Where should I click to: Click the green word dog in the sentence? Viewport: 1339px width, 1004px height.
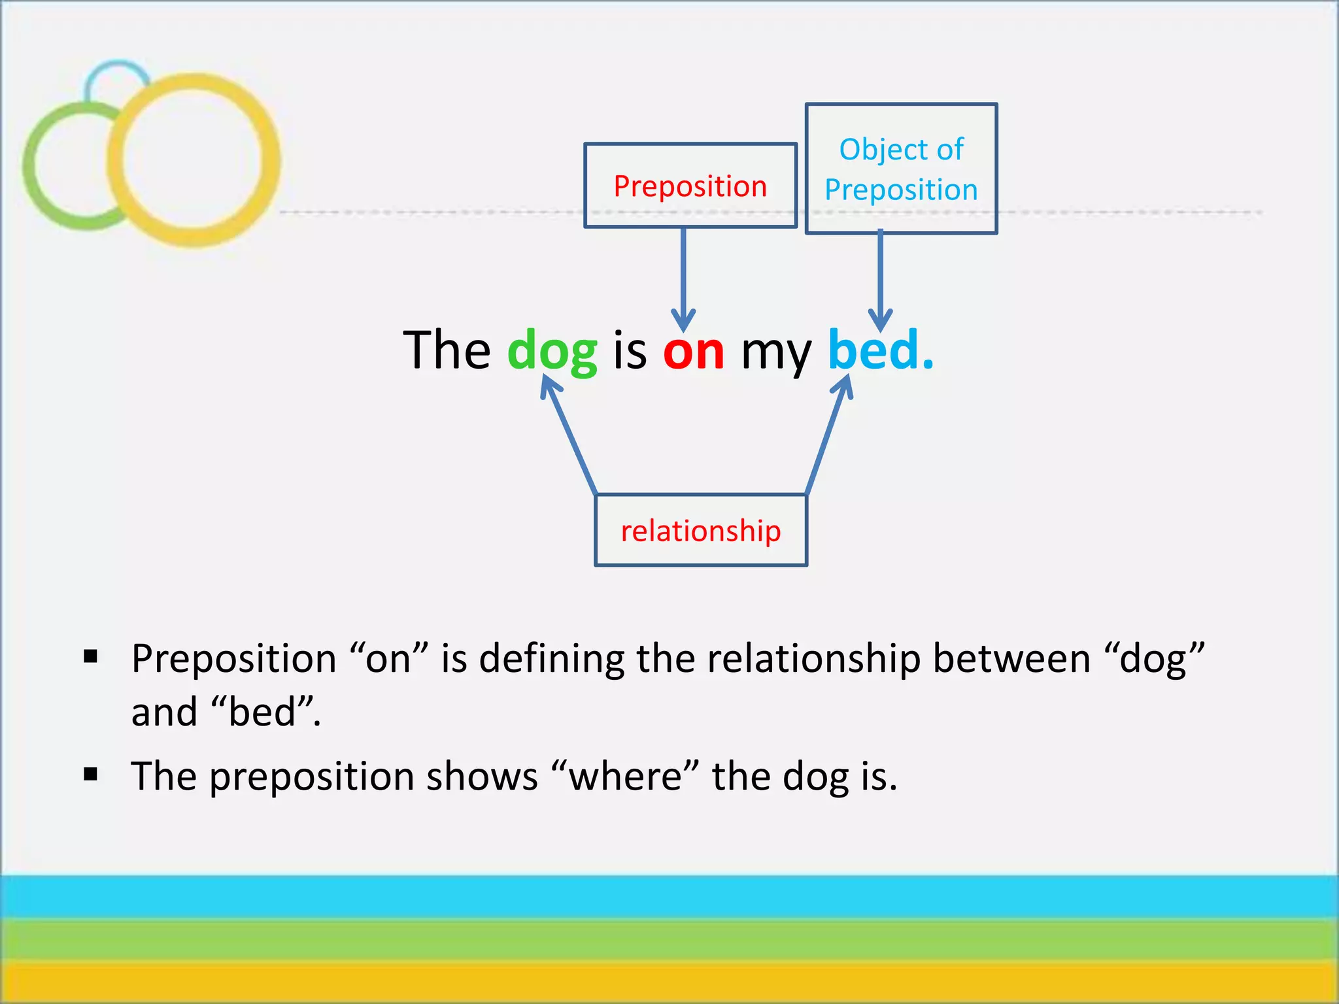pyautogui.click(x=552, y=352)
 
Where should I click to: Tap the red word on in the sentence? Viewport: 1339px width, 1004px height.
pyautogui.click(x=693, y=352)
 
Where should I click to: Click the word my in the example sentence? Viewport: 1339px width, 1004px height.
pyautogui.click(x=775, y=353)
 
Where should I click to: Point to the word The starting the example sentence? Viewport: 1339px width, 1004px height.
pyautogui.click(x=447, y=350)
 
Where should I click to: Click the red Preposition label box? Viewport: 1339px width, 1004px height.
pyautogui.click(x=690, y=186)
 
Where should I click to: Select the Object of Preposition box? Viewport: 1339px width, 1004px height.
pyautogui.click(x=901, y=169)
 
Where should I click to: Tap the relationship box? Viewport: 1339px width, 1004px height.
pyautogui.click(x=700, y=530)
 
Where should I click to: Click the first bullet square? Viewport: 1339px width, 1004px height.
pyautogui.click(x=91, y=656)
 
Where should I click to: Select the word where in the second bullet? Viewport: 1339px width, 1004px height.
pyautogui.click(x=625, y=777)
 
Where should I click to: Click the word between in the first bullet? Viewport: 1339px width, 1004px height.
pyautogui.click(x=1011, y=658)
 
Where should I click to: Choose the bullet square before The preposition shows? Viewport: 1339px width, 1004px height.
pyautogui.click(x=91, y=775)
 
